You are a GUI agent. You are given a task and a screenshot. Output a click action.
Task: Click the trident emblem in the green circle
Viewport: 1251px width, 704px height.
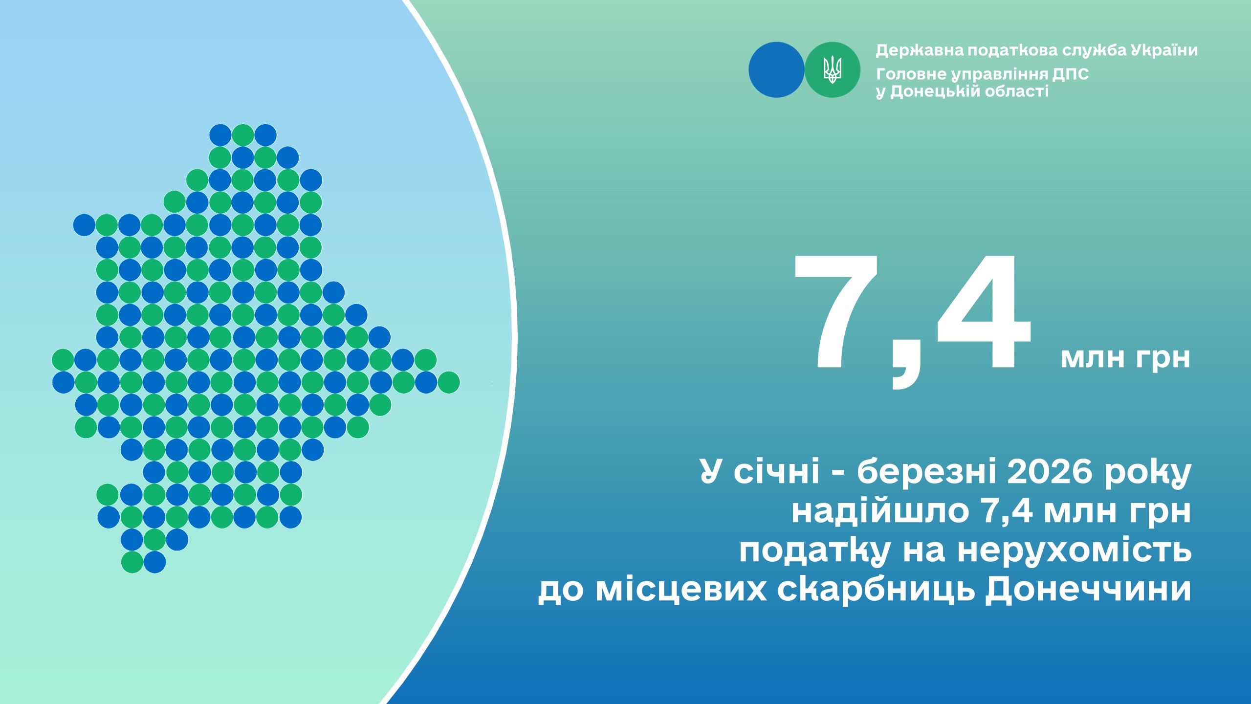tap(832, 70)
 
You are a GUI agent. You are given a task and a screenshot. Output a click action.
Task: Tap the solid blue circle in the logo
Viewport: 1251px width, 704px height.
tap(776, 70)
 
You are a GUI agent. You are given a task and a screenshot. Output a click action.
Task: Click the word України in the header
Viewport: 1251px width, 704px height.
tap(1163, 50)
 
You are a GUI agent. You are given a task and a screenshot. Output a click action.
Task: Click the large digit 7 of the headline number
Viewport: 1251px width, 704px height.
tap(836, 311)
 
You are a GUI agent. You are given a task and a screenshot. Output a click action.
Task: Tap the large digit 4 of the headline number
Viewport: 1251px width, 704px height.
tap(983, 311)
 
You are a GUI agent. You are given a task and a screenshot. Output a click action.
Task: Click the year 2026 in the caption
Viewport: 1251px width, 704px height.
tap(1050, 472)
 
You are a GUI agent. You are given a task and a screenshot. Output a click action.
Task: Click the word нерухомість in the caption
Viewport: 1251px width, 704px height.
tap(1074, 551)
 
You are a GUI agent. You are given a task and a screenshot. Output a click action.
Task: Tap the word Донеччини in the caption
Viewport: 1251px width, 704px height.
tap(1088, 591)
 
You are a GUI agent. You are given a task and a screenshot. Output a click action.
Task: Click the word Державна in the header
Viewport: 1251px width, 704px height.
tap(920, 51)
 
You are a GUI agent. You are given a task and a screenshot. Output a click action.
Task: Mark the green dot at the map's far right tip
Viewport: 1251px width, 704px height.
tap(448, 382)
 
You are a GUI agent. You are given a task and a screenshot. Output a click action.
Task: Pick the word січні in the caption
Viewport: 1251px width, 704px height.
tap(776, 472)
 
